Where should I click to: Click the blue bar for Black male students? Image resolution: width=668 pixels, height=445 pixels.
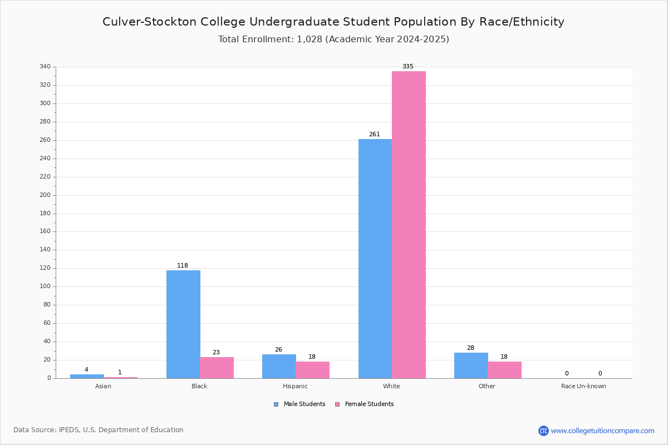pyautogui.click(x=183, y=324)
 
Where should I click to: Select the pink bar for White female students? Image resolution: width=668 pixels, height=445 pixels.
pyautogui.click(x=409, y=225)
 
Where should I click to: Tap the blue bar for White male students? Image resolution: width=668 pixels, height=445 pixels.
pyautogui.click(x=375, y=259)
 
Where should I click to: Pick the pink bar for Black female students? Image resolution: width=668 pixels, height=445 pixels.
pyautogui.click(x=217, y=368)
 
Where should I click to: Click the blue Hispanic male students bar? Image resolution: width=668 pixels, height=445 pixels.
pyautogui.click(x=279, y=366)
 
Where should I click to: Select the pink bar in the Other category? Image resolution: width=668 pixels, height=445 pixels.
pyautogui.click(x=504, y=370)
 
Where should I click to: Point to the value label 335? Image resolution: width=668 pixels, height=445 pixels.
pyautogui.click(x=408, y=67)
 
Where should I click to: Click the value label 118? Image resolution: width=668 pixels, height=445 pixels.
pyautogui.click(x=183, y=266)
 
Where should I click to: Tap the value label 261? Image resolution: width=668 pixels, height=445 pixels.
pyautogui.click(x=375, y=135)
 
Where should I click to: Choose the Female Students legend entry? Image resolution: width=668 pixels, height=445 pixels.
pyautogui.click(x=365, y=404)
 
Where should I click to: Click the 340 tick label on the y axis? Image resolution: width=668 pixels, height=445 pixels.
pyautogui.click(x=45, y=67)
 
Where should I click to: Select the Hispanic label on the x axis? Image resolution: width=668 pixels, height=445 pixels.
pyautogui.click(x=295, y=386)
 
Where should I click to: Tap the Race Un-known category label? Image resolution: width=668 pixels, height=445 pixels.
pyautogui.click(x=583, y=386)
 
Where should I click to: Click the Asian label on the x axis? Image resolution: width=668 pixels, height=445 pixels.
pyautogui.click(x=104, y=386)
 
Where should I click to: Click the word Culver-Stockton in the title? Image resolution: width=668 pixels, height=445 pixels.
pyautogui.click(x=145, y=22)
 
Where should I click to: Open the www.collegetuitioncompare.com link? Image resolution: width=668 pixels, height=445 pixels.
pyautogui.click(x=602, y=431)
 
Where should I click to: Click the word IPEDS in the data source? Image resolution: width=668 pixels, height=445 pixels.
pyautogui.click(x=69, y=430)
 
